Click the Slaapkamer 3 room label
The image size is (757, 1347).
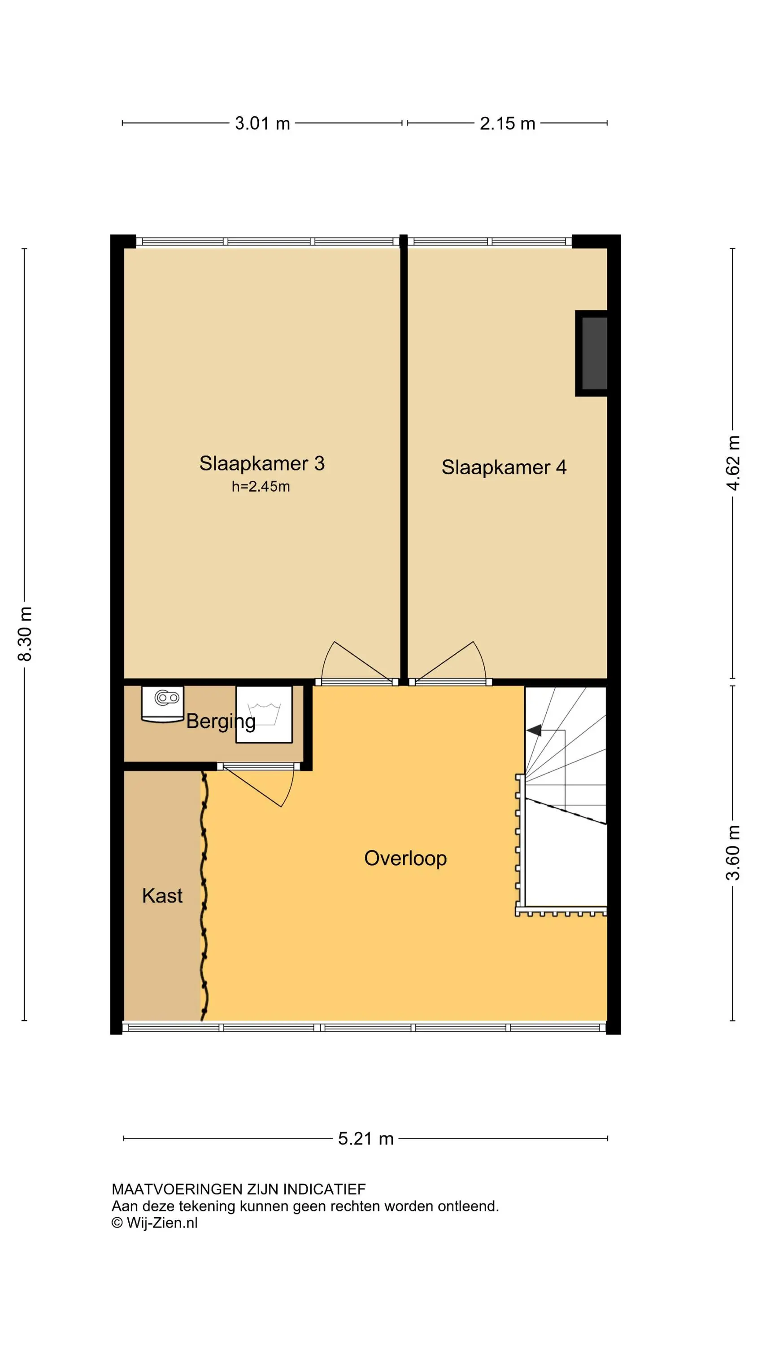(x=262, y=463)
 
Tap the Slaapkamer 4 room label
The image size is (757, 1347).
(x=504, y=467)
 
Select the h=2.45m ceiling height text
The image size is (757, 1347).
(x=261, y=486)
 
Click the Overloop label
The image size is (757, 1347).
(x=405, y=858)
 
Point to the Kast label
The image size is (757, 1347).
(x=162, y=896)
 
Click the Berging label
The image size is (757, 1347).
(x=221, y=722)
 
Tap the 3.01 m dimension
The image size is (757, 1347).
(x=262, y=123)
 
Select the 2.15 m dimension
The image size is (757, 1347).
(x=507, y=123)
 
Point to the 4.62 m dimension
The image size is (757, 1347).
(x=733, y=463)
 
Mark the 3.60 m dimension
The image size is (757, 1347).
(x=733, y=853)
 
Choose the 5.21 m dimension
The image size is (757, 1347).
(x=365, y=1138)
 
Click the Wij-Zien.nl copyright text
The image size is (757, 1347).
(x=155, y=1223)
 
